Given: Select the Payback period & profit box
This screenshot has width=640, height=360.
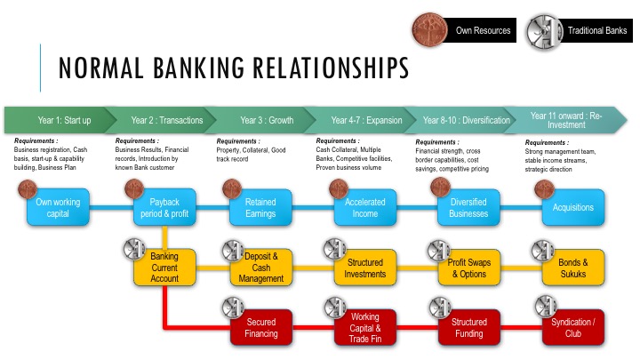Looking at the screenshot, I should (164, 207).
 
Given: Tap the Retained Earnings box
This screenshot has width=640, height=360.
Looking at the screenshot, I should (266, 207).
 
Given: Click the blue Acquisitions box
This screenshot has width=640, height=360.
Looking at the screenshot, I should (574, 207).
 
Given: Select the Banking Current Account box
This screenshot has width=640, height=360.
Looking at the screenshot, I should (164, 267).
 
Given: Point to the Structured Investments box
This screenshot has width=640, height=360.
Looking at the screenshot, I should (365, 267).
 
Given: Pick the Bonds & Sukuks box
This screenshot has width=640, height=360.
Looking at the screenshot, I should (574, 267).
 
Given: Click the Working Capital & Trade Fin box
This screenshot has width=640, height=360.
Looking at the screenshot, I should (365, 328).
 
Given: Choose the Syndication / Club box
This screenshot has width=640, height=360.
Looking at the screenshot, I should (574, 328).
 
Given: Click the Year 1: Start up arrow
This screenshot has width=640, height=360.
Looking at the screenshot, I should (62, 120).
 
